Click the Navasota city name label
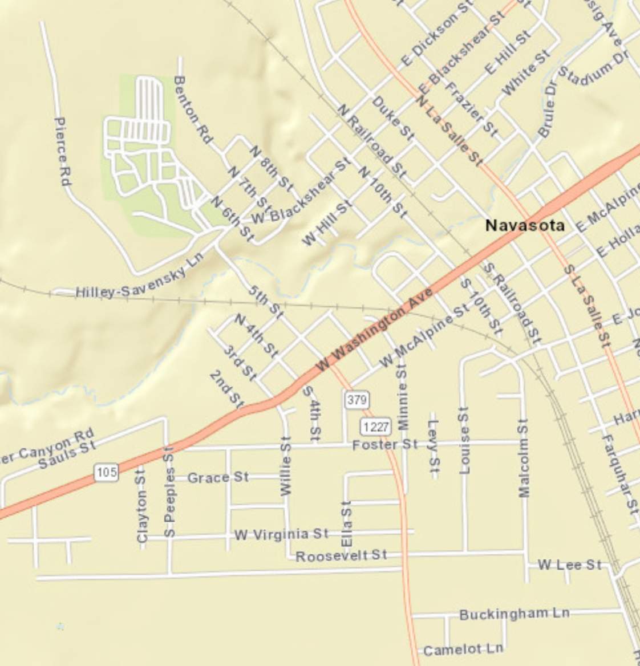point(525,225)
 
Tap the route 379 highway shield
point(357,400)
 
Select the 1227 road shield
point(375,427)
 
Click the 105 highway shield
point(107,472)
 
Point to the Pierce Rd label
point(62,151)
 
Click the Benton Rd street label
point(193,109)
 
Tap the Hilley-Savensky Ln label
point(139,282)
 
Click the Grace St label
point(218,477)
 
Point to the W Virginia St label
point(282,535)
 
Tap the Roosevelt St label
point(341,555)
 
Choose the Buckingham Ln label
point(514,614)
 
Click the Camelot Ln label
point(463,649)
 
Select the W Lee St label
point(569,565)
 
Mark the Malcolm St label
point(524,458)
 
